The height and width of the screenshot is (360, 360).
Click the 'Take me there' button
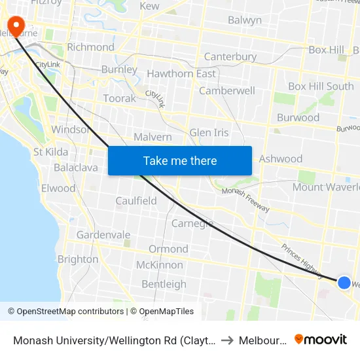pos(180,160)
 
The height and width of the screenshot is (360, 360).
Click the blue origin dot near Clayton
pos(344,282)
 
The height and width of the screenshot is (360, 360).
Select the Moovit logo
pos(321,340)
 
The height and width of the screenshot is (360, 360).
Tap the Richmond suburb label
pos(90,47)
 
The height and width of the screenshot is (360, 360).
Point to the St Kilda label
pos(50,152)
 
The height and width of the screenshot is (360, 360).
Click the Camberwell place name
pos(227,91)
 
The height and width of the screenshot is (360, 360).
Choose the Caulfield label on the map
pos(136,201)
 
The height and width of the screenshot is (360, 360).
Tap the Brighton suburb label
pos(78,259)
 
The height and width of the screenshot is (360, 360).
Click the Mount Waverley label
pos(325,187)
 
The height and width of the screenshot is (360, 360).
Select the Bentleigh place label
pos(164,284)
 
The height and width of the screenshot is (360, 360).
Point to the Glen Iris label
pos(209,133)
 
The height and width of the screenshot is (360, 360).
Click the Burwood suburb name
pos(298,118)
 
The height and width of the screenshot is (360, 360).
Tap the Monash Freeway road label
pos(245,200)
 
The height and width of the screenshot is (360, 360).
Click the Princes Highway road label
pos(302,257)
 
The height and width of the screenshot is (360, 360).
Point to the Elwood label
pos(58,189)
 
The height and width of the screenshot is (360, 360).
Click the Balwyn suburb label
pos(245,20)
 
